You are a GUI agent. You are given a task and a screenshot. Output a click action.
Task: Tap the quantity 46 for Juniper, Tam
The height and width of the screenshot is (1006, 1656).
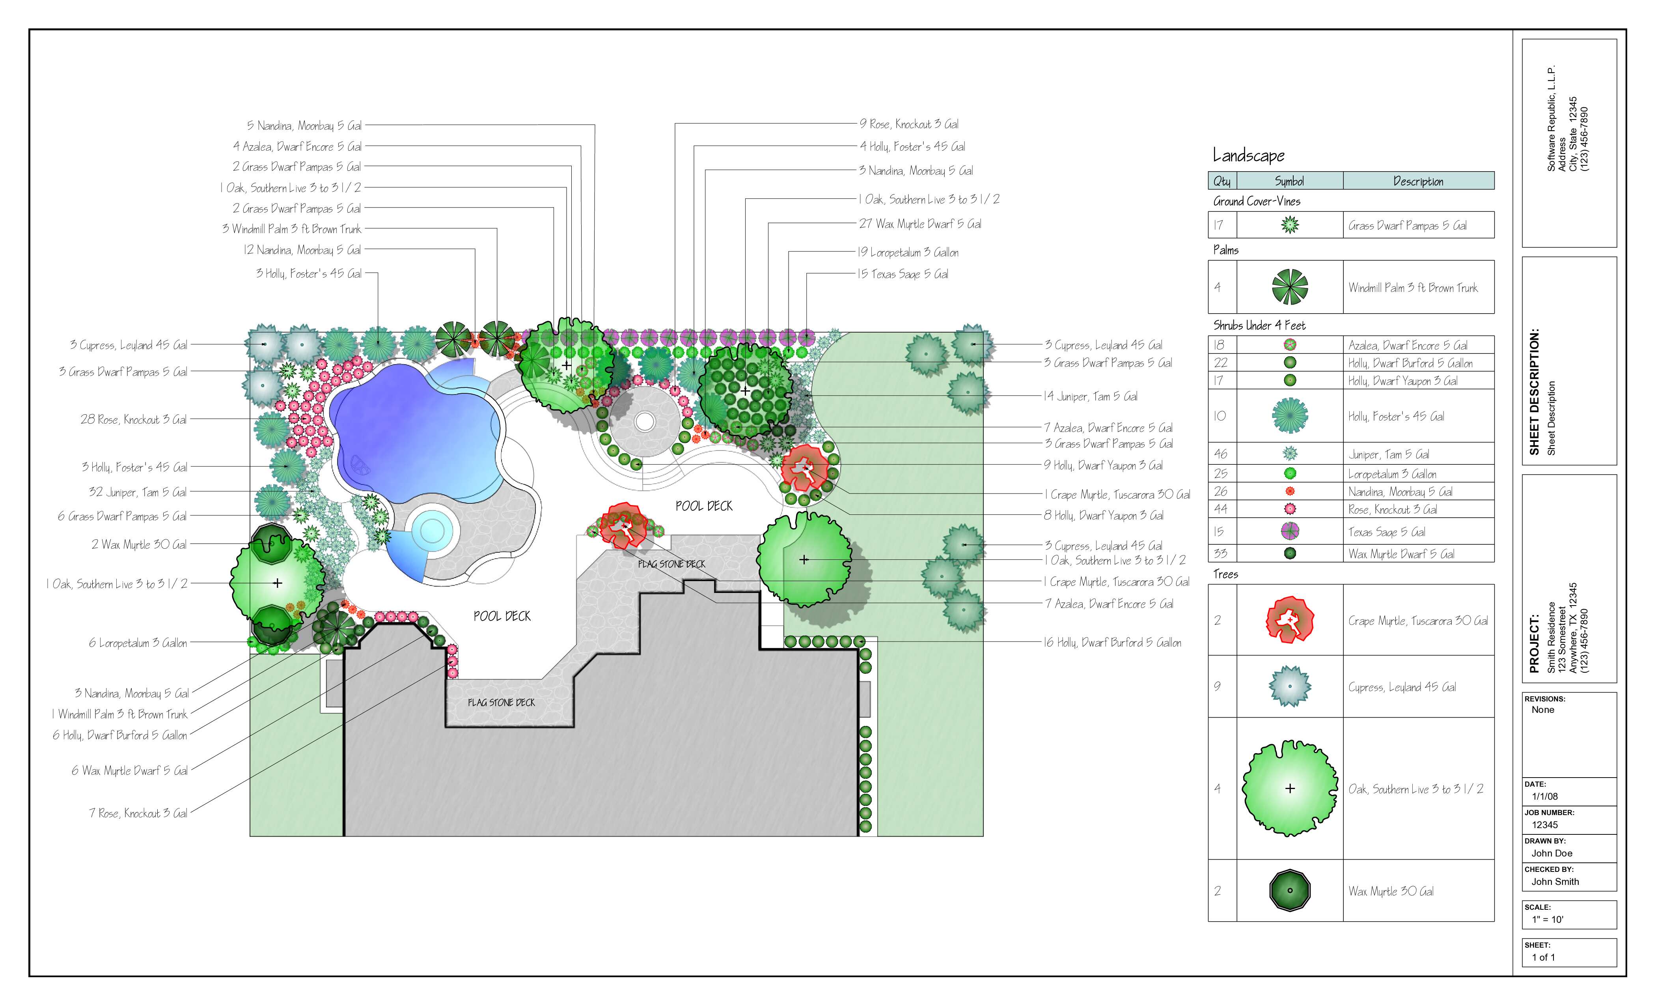1220,454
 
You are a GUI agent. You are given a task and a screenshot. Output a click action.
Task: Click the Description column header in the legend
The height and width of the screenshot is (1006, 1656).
1418,181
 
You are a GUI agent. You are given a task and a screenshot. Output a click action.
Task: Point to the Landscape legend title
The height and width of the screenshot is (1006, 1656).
1248,156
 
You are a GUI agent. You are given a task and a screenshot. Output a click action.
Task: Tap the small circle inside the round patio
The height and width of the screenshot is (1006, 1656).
645,422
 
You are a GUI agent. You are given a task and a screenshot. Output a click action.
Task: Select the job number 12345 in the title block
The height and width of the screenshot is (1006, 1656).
1544,825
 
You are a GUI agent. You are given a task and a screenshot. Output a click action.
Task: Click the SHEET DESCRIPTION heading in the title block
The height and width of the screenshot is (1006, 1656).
1534,392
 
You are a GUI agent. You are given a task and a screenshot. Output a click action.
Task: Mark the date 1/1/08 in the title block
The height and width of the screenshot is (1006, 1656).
1544,796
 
